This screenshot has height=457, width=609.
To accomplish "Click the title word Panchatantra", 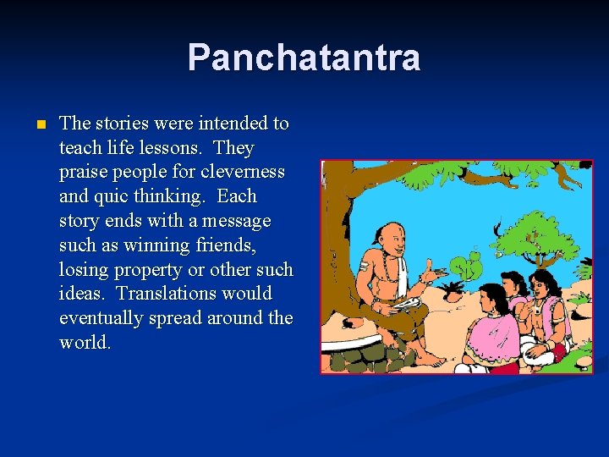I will click(x=304, y=58).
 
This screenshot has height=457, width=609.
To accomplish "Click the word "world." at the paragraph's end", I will click(x=85, y=343).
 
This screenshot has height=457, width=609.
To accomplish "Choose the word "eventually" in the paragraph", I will click(x=104, y=318).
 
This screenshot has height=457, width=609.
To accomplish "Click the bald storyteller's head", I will click(x=388, y=236).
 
